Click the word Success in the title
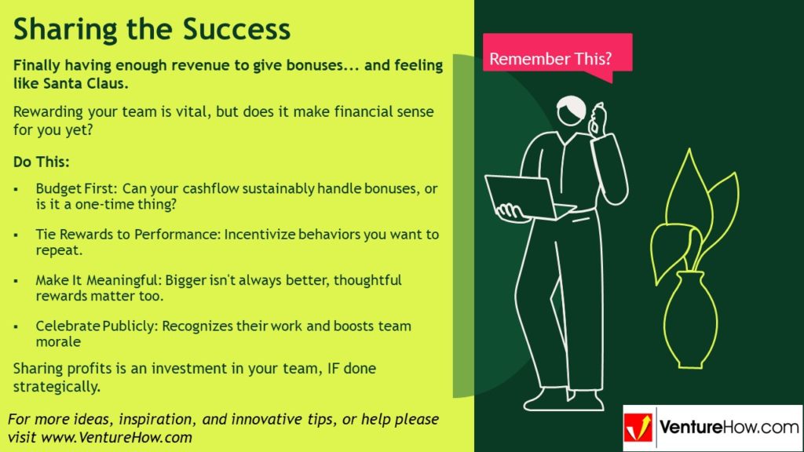237,29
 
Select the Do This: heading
42,162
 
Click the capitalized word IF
311,368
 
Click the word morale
58,342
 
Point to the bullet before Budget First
17,190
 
